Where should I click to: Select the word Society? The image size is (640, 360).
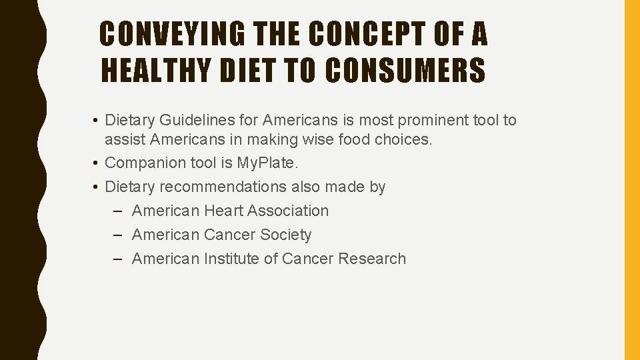click(x=286, y=235)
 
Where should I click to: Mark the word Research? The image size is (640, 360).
click(x=372, y=259)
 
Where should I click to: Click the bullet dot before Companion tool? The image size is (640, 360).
click(x=97, y=163)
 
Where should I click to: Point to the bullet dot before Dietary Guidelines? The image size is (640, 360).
click(x=97, y=121)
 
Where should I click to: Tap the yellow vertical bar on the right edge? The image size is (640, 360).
click(x=631, y=180)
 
